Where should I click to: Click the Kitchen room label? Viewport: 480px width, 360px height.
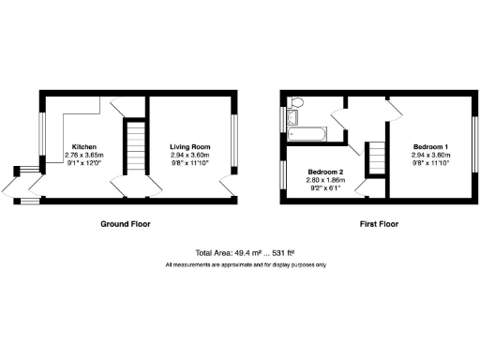83,147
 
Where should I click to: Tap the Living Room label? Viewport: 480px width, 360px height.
189,147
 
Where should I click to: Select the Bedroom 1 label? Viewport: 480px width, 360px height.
432,147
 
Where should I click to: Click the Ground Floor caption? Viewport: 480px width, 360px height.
126,225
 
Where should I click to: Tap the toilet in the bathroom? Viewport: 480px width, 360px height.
297,101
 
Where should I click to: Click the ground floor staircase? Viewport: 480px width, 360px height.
136,147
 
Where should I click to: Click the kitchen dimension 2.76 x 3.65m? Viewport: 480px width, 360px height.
83,156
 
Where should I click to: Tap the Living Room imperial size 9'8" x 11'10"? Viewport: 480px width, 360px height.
189,164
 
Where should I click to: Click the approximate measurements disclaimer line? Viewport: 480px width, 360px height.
246,266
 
